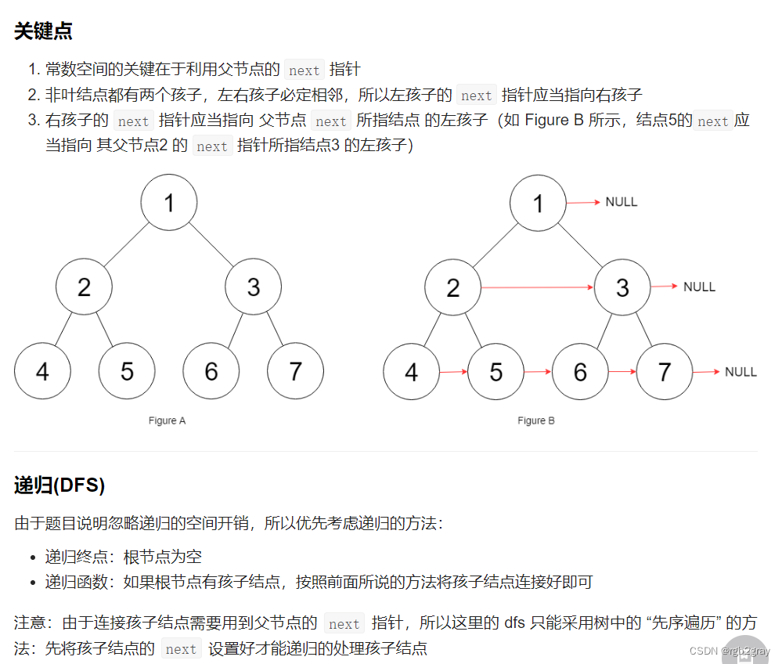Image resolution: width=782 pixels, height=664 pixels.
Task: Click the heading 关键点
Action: click(x=43, y=31)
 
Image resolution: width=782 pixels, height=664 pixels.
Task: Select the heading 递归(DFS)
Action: click(x=59, y=485)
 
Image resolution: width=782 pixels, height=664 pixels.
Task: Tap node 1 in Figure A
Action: click(x=169, y=203)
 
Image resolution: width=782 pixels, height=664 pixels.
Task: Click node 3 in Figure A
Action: click(x=253, y=287)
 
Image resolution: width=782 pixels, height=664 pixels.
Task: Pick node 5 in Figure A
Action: click(x=127, y=371)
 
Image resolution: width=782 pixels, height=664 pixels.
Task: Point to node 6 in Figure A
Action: click(x=211, y=371)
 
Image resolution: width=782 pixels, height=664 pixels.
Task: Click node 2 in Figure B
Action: click(x=453, y=287)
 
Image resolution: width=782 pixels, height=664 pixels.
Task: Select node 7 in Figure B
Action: click(x=665, y=371)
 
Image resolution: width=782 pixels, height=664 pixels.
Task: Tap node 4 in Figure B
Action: click(x=412, y=371)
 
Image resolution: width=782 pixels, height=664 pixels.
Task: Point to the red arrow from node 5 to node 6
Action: click(x=538, y=371)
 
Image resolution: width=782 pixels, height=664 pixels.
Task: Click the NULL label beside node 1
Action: click(x=622, y=202)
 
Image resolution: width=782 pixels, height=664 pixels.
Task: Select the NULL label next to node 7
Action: click(x=741, y=371)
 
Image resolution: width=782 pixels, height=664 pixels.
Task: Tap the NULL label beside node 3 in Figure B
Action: click(x=699, y=287)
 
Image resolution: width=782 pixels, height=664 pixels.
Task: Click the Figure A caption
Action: click(x=168, y=420)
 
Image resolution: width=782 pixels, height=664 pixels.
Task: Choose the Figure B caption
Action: click(x=536, y=420)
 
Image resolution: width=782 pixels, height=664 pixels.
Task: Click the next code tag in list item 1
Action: click(x=304, y=70)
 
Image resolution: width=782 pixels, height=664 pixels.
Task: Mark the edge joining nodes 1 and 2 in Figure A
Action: click(x=126, y=245)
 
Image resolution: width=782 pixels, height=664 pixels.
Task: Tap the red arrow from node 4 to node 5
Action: click(x=453, y=371)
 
